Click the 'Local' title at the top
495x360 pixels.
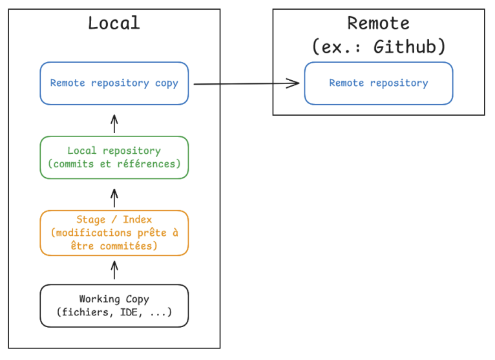click(x=114, y=23)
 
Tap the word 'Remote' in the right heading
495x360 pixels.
click(x=378, y=23)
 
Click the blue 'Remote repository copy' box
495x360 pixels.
click(x=114, y=83)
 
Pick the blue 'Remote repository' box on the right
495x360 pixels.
click(x=378, y=83)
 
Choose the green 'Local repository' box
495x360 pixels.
click(x=114, y=157)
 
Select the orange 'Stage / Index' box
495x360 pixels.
click(x=114, y=233)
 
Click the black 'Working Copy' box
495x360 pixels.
click(x=114, y=306)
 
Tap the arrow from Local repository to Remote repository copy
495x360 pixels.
click(x=114, y=123)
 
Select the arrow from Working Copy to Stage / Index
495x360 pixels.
click(x=114, y=270)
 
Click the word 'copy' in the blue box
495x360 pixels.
click(x=166, y=83)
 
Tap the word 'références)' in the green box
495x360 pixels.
click(x=148, y=164)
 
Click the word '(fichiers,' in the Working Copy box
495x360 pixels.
click(x=83, y=312)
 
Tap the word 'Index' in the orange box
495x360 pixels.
click(x=137, y=220)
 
